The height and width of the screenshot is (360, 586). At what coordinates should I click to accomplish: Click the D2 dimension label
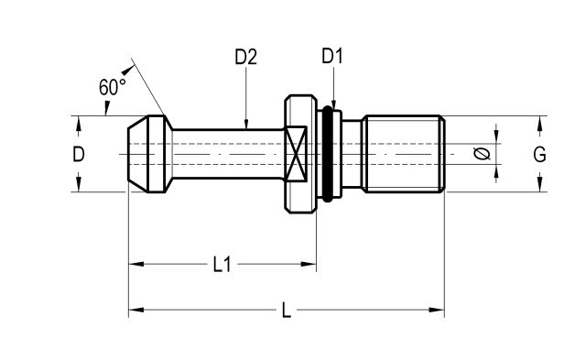[x=246, y=57]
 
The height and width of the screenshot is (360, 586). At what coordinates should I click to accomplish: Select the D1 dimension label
[x=332, y=57]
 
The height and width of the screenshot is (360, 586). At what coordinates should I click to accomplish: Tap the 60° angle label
[x=112, y=87]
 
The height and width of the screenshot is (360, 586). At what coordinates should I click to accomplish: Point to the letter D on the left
[x=79, y=154]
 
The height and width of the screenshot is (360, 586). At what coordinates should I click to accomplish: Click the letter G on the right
[x=539, y=155]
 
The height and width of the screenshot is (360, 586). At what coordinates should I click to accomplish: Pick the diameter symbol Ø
[x=482, y=154]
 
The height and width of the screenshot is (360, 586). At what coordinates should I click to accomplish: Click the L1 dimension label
[x=222, y=265]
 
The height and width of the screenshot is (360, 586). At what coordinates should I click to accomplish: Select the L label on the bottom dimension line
[x=287, y=311]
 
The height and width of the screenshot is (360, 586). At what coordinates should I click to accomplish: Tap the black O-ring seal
[x=328, y=154]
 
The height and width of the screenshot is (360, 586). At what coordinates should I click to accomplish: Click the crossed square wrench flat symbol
[x=296, y=154]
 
